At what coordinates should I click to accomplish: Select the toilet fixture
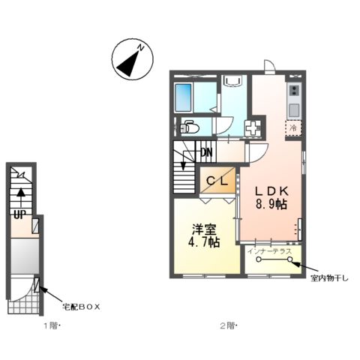188,127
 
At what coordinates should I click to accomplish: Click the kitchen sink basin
294,109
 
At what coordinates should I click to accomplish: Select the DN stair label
205,154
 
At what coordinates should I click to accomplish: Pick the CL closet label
218,181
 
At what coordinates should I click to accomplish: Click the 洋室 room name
203,228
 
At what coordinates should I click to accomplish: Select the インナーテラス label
274,251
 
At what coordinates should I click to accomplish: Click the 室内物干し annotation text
330,280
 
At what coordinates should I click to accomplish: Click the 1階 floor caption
49,325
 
